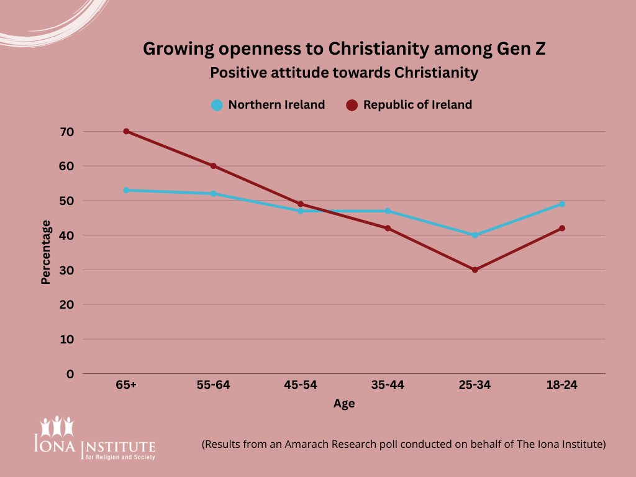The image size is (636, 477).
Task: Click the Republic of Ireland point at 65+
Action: tap(126, 131)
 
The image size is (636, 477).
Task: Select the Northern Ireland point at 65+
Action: tap(126, 190)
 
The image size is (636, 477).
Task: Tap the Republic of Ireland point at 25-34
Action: tap(475, 270)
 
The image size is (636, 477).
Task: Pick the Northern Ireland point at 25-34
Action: tap(475, 235)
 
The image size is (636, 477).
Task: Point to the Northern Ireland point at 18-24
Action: tap(562, 204)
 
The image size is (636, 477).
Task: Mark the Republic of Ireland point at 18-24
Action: tap(562, 228)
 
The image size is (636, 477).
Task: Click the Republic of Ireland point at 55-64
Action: tap(213, 166)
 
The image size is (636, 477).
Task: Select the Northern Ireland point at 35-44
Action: tap(388, 211)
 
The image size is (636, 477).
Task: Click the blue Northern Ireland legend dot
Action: tap(217, 105)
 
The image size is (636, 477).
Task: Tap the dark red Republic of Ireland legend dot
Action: tap(352, 105)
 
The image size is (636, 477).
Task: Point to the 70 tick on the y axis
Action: tap(67, 132)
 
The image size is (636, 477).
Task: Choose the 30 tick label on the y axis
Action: tap(67, 270)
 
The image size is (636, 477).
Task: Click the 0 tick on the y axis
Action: tap(70, 374)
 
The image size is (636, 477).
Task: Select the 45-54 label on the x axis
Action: tap(301, 385)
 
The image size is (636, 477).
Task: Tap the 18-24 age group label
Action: tap(562, 385)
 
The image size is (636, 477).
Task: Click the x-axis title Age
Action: tap(343, 404)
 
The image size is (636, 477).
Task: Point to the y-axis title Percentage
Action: tap(46, 252)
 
